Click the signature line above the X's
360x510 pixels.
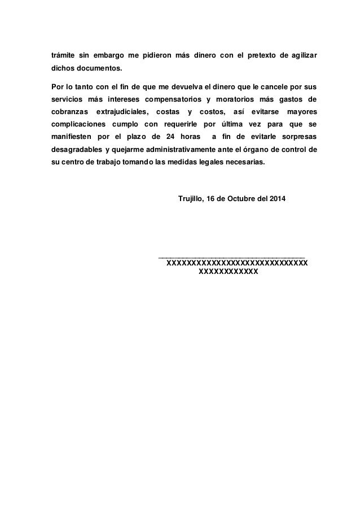[x=232, y=257]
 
